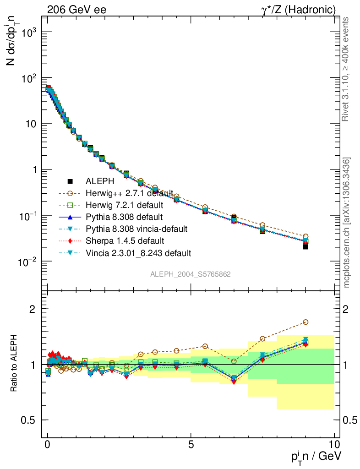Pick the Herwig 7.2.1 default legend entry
pos(124,205)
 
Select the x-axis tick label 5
pos(191,444)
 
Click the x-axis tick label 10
pos(334,444)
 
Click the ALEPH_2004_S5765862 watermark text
pos(191,274)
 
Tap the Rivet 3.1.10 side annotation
pos(346,69)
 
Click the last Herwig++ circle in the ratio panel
pos(305,322)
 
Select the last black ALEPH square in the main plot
pos(305,246)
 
